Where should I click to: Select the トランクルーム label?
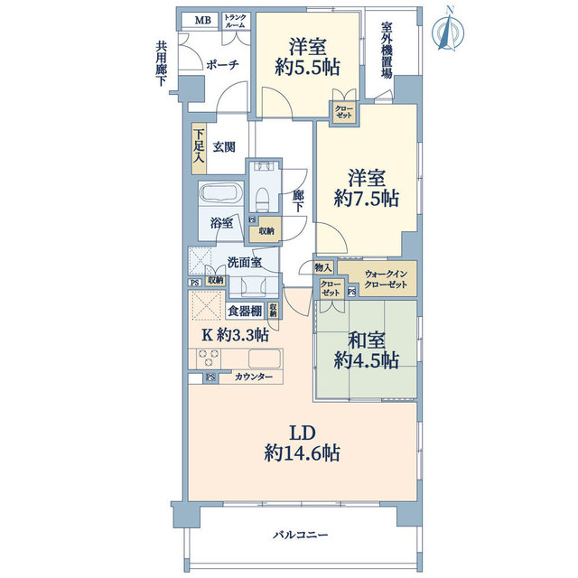click(234, 21)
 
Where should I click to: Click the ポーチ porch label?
click(222, 65)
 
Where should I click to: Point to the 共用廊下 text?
click(161, 63)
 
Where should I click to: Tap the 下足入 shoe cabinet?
click(199, 148)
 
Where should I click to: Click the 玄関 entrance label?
click(224, 146)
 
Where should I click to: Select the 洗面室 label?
click(244, 263)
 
